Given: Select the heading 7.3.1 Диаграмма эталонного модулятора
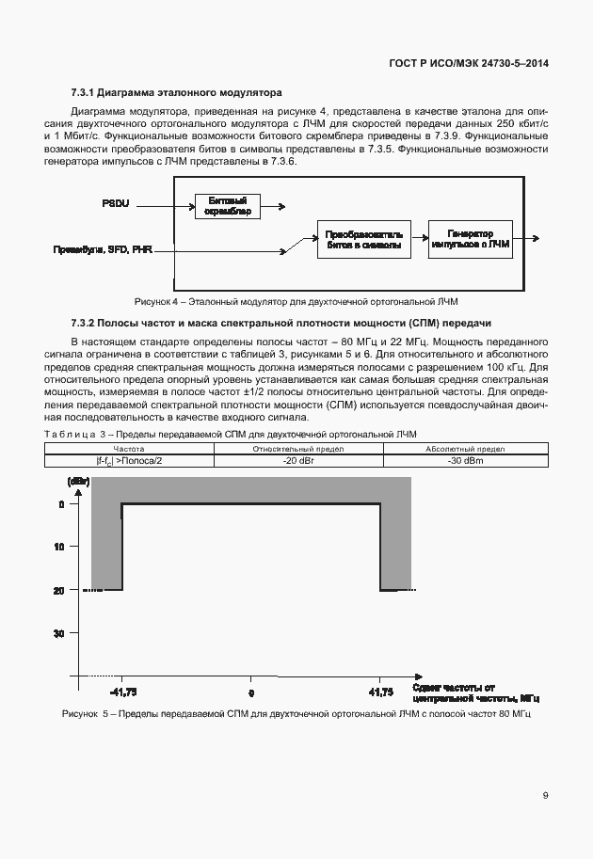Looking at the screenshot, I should coord(176,94).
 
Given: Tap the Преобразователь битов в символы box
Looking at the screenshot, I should coord(363,238).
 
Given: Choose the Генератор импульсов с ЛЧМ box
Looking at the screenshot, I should coord(470,237).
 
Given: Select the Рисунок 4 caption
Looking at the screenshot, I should coord(296,302).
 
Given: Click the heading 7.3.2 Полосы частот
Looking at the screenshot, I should coord(281,323).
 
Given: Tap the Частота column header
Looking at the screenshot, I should coord(129,450).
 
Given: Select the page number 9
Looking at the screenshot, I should coord(546,795).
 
